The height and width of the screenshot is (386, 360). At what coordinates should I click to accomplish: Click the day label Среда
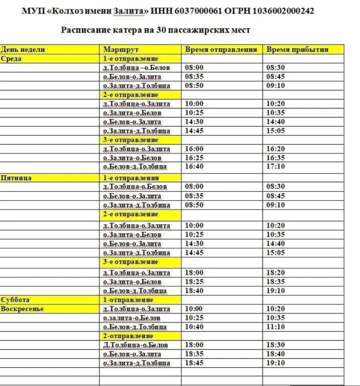pyautogui.click(x=11, y=59)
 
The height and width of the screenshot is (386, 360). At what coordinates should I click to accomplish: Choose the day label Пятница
pyautogui.click(x=16, y=178)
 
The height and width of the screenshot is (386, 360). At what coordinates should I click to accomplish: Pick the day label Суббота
pyautogui.click(x=15, y=300)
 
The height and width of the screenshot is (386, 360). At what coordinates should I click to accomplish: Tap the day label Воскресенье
pyautogui.click(x=22, y=309)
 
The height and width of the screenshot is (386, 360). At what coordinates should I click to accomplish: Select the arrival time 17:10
pyautogui.click(x=275, y=166)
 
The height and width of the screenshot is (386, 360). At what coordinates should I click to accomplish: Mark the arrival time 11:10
pyautogui.click(x=275, y=327)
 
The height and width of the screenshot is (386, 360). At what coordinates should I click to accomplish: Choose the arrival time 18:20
pyautogui.click(x=275, y=273)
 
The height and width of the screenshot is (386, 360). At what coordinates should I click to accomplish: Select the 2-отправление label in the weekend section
pyautogui.click(x=128, y=336)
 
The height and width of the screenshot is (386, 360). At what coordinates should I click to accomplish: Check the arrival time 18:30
pyautogui.click(x=275, y=345)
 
